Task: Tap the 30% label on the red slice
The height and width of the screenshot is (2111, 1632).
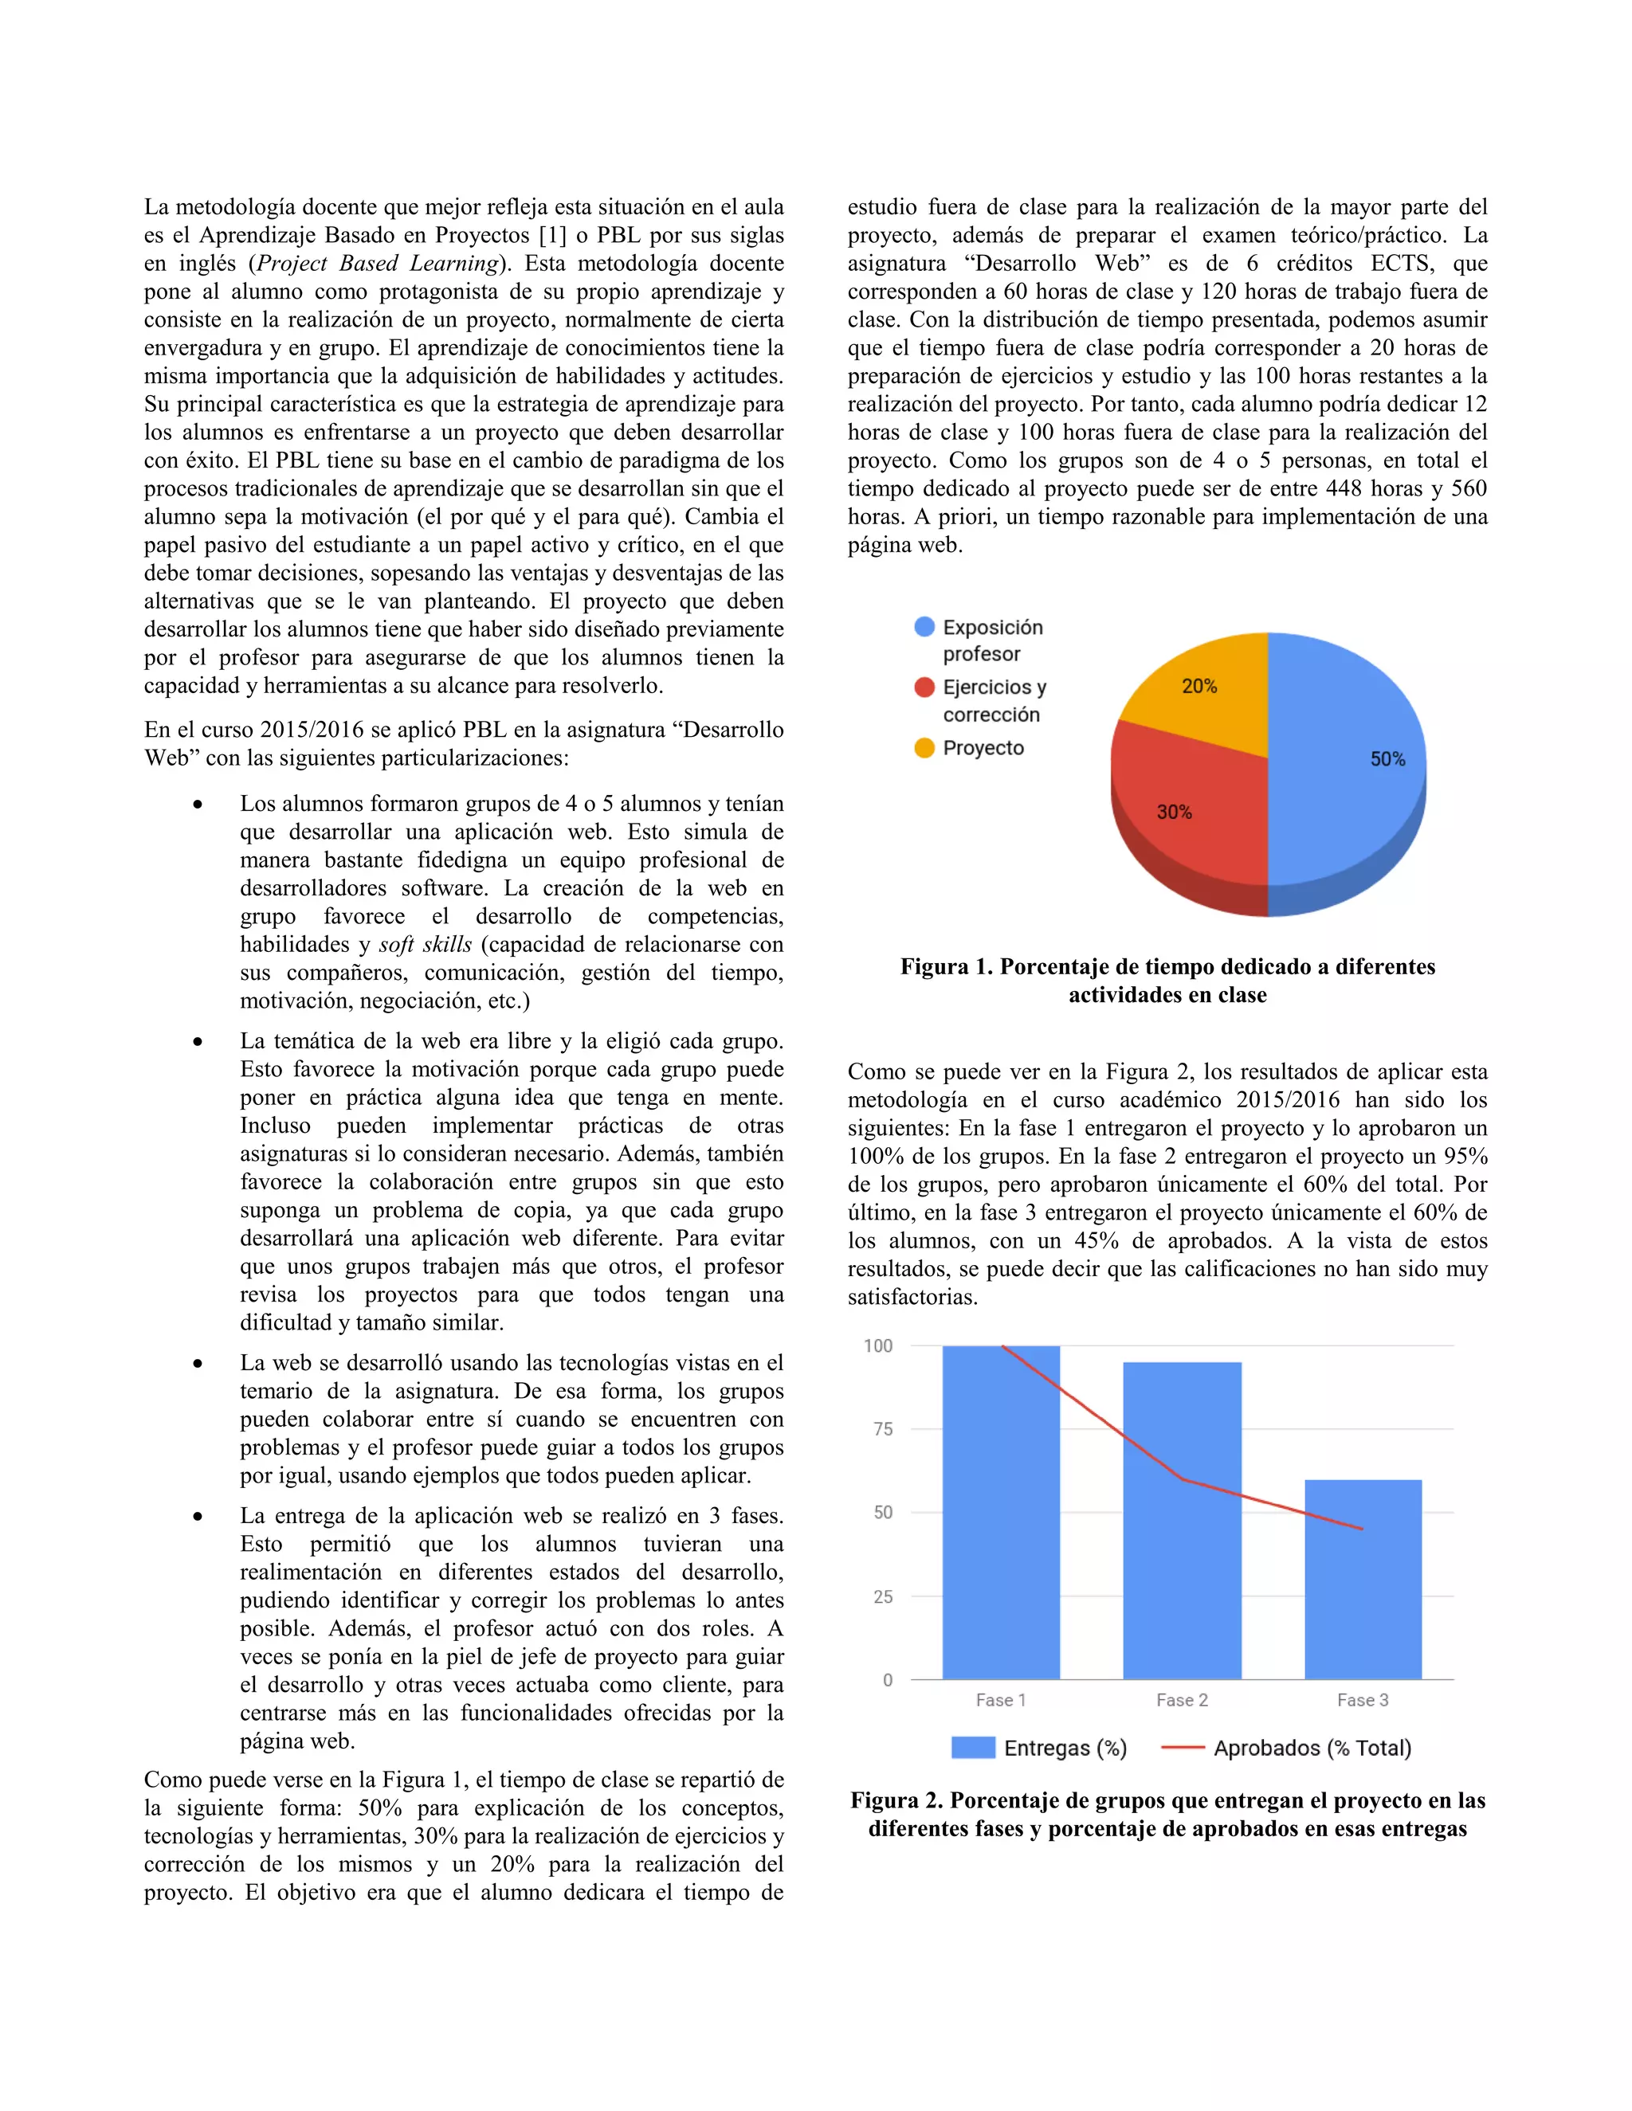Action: (1174, 812)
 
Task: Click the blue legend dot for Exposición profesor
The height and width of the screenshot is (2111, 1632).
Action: (924, 626)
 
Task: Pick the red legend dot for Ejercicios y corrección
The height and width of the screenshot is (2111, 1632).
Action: (924, 687)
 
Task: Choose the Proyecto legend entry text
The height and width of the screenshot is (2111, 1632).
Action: (983, 748)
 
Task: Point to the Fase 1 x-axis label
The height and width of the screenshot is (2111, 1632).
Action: (1001, 1700)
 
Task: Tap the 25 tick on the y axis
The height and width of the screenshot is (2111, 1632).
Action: (883, 1596)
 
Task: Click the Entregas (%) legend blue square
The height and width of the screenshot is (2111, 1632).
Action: (973, 1748)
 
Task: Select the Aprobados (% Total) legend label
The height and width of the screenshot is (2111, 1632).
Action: (1312, 1748)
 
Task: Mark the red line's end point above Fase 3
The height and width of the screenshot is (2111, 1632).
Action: (1362, 1529)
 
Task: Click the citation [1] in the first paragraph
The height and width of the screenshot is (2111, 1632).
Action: (552, 235)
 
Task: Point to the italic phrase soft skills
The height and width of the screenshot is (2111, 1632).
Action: (426, 944)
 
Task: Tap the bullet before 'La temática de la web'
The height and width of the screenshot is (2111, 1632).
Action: (198, 1042)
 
